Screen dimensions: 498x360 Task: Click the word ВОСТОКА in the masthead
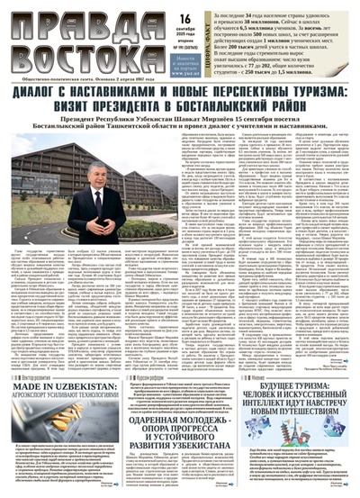tap(72, 50)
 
